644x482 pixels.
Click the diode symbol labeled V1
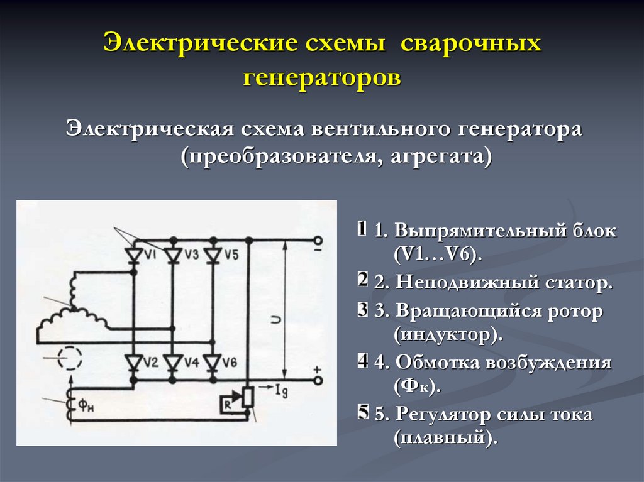click(133, 255)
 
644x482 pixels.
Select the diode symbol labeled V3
click(173, 255)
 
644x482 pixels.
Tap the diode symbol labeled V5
click(213, 255)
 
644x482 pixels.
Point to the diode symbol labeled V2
click(133, 363)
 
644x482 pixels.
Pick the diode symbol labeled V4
click(173, 363)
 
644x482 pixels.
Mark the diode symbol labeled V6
click(213, 363)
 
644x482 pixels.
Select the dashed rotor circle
click(69, 359)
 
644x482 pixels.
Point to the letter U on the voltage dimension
click(275, 319)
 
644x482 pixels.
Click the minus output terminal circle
click(318, 241)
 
